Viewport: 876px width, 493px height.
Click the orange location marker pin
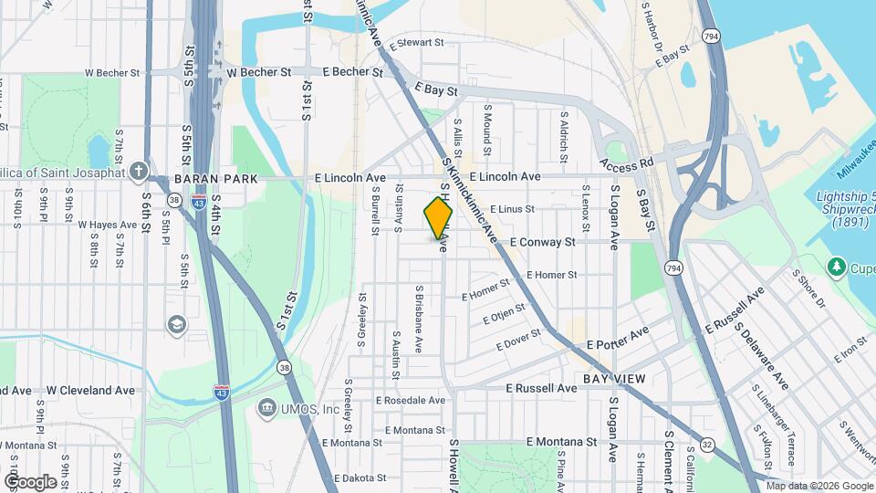coord(439,218)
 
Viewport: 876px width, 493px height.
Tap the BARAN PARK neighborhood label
coord(216,178)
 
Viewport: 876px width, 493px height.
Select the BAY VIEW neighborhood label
coord(614,378)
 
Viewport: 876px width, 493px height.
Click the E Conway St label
coord(542,242)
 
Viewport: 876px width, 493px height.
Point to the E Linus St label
coord(511,209)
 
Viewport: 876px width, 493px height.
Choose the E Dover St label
coord(518,341)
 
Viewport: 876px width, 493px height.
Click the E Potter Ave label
coord(618,337)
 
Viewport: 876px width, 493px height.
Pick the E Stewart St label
coord(415,43)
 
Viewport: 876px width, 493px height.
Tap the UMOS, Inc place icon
coord(266,406)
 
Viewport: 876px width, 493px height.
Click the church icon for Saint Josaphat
coord(138,171)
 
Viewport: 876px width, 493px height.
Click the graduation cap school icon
coord(175,324)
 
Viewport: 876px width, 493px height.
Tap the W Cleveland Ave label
coord(90,390)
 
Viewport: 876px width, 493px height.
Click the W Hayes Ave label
coord(107,224)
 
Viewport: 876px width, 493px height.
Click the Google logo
coord(30,482)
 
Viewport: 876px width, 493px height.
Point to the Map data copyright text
coord(819,486)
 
